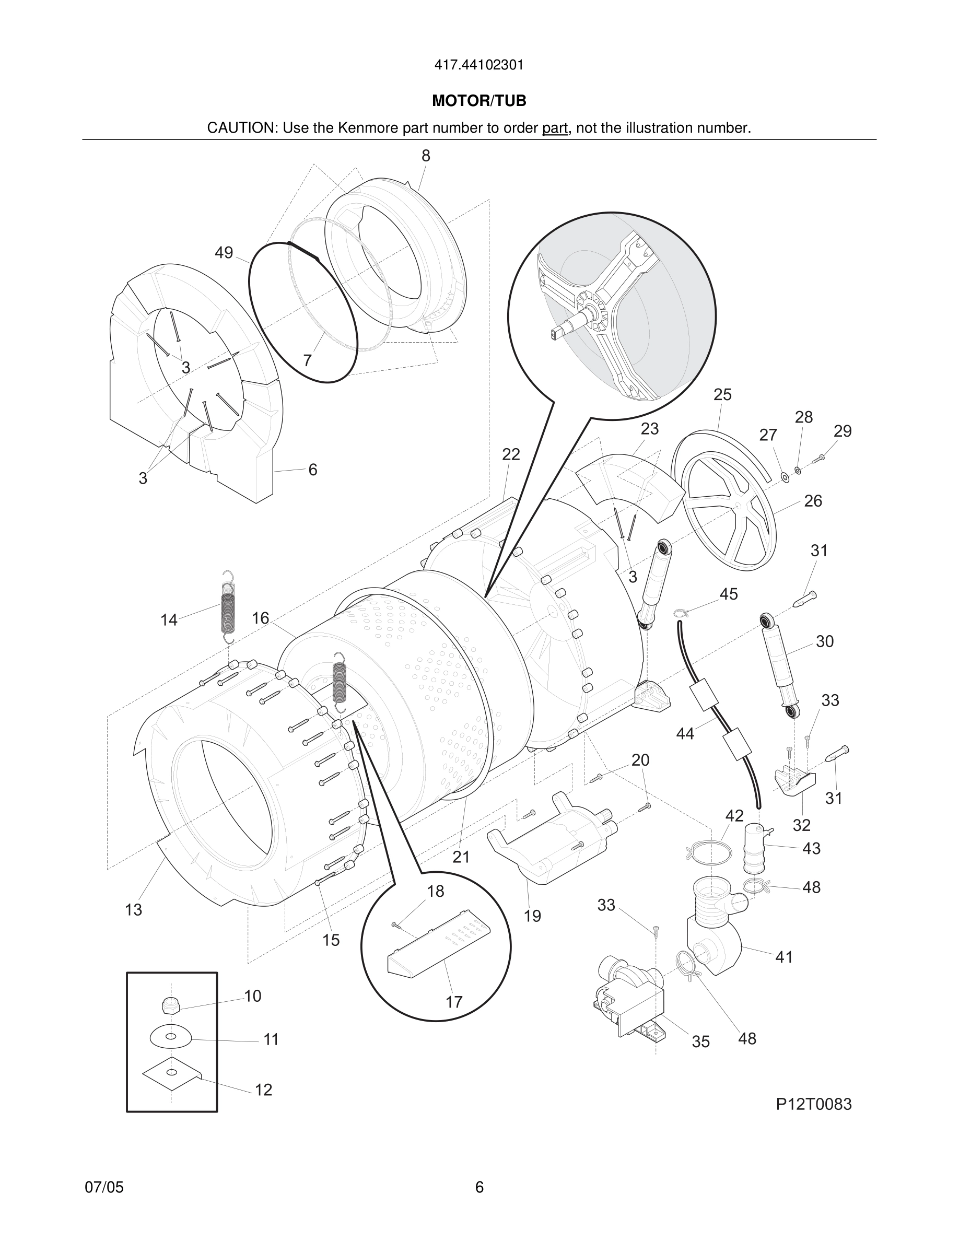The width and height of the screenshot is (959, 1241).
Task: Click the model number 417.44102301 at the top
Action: [x=479, y=65]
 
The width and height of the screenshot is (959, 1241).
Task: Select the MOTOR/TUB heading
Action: [x=479, y=101]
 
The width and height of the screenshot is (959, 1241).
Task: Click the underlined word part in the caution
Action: [x=555, y=128]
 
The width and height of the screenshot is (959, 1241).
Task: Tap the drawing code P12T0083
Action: [x=814, y=1104]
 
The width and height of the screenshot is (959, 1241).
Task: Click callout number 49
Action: [x=224, y=253]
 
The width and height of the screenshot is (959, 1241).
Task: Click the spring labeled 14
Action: [x=227, y=608]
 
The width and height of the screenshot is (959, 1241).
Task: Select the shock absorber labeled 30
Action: [x=779, y=665]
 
